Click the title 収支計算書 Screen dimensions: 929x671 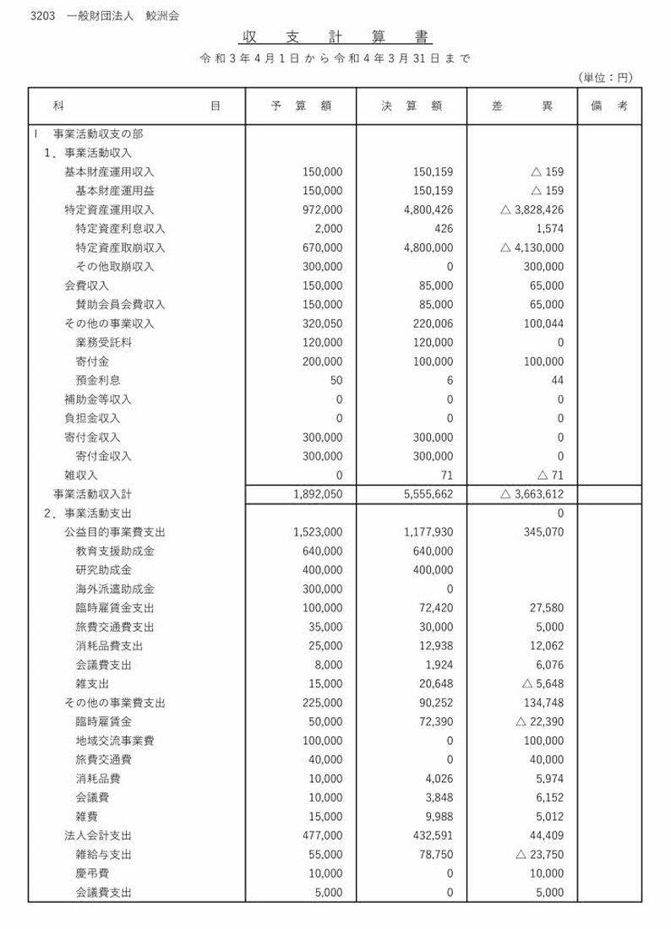click(335, 38)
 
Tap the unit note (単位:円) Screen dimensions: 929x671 click(606, 78)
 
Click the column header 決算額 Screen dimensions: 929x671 click(412, 106)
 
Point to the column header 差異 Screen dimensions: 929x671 click(522, 106)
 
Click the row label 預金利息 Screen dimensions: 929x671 click(98, 380)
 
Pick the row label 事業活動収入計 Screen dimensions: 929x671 click(92, 494)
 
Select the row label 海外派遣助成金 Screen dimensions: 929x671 click(115, 589)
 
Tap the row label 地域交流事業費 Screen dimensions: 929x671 click(115, 741)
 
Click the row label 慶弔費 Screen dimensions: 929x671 click(92, 873)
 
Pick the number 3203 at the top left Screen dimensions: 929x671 click(42, 15)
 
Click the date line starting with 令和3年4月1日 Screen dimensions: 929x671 click(335, 59)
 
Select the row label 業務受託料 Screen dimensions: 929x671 click(104, 342)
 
